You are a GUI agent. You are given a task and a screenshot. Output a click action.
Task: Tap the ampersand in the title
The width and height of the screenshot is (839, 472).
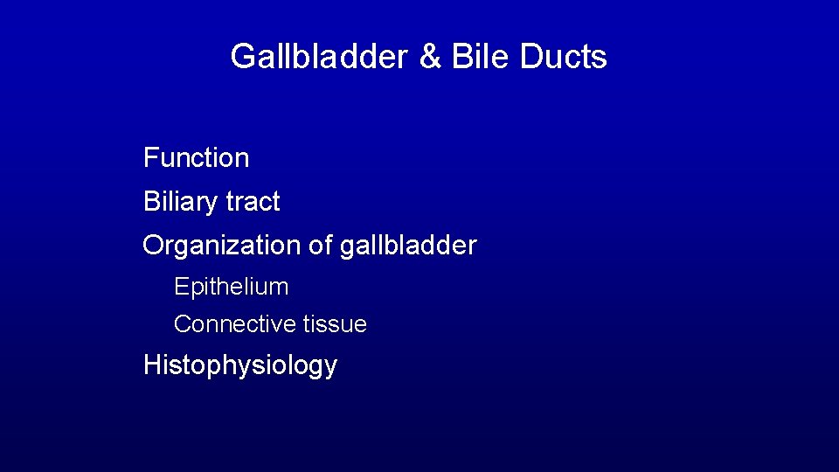click(x=431, y=57)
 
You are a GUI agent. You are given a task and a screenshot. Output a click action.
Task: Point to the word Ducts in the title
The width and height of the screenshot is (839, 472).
click(x=563, y=57)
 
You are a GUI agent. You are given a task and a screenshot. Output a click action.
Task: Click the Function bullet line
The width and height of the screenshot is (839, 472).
click(x=196, y=158)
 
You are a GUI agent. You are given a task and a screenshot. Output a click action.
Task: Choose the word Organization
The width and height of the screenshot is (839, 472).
click(x=222, y=246)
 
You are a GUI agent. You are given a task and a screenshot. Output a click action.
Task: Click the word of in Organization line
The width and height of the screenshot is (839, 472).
click(x=321, y=246)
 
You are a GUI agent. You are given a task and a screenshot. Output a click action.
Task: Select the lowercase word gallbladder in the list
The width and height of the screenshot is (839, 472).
click(x=408, y=246)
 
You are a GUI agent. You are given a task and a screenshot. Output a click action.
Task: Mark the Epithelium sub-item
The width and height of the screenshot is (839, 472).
click(x=231, y=287)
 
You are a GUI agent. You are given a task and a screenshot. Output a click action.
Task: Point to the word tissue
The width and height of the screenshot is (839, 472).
click(x=335, y=324)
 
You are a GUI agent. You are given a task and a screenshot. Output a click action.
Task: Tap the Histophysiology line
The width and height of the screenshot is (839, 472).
click(x=239, y=365)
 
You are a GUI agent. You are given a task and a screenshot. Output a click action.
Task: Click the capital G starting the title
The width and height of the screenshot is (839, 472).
click(x=241, y=57)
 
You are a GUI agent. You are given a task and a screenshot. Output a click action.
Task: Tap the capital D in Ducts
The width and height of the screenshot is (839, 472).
click(x=530, y=57)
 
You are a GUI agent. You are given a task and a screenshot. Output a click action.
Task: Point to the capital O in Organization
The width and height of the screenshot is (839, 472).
click(x=154, y=246)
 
